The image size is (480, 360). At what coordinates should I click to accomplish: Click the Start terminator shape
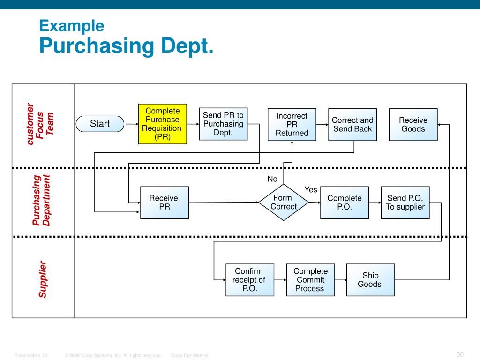pyautogui.click(x=100, y=124)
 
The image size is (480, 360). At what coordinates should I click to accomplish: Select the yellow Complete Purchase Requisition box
pyautogui.click(x=163, y=124)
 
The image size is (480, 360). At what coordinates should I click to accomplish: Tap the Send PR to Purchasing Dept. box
pyautogui.click(x=223, y=124)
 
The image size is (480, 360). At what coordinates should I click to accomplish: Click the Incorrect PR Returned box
pyautogui.click(x=292, y=125)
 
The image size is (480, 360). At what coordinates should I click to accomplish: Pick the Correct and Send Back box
pyautogui.click(x=352, y=125)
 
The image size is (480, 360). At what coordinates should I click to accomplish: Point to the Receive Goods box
pyautogui.click(x=413, y=125)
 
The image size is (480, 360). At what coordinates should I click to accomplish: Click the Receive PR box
pyautogui.click(x=165, y=202)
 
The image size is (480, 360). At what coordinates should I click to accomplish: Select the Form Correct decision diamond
pyautogui.click(x=284, y=202)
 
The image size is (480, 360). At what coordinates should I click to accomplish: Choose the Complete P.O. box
pyautogui.click(x=345, y=202)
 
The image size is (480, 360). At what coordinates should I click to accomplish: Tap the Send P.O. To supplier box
pyautogui.click(x=405, y=202)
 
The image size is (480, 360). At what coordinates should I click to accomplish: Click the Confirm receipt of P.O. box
pyautogui.click(x=249, y=280)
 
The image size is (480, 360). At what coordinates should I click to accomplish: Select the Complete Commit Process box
pyautogui.click(x=310, y=280)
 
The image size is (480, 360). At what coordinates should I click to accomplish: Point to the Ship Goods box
pyautogui.click(x=370, y=280)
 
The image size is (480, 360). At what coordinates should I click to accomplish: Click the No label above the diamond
pyautogui.click(x=272, y=179)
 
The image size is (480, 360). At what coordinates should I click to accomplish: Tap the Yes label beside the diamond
pyautogui.click(x=311, y=190)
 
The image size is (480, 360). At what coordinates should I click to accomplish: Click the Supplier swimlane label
pyautogui.click(x=43, y=279)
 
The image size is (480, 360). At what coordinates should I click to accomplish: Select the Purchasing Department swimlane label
pyautogui.click(x=41, y=200)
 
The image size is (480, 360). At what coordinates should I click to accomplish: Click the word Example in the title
pyautogui.click(x=72, y=25)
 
